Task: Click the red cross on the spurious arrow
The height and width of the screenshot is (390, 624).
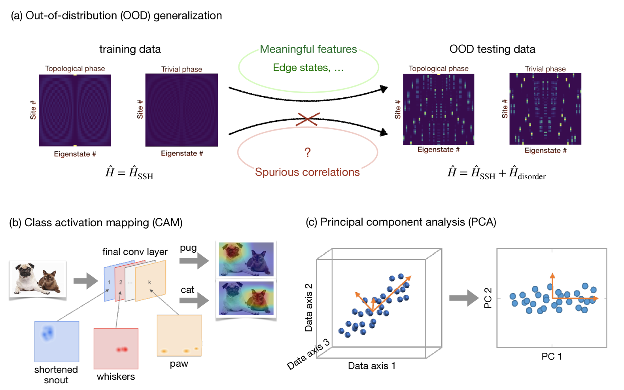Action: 308,119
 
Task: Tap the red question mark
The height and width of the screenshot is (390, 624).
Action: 307,152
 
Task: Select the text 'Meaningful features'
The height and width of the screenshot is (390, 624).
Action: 308,49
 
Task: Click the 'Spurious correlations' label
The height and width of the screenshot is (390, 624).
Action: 307,172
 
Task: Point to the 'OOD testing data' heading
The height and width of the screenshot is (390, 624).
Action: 492,49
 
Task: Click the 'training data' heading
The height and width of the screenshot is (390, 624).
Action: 130,49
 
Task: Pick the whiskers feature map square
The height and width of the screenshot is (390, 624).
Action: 116,348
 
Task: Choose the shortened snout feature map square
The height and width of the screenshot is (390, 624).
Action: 57,341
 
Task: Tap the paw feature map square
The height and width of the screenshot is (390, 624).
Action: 179,335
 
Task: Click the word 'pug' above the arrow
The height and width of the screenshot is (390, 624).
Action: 188,248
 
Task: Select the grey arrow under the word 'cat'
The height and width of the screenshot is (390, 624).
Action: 194,300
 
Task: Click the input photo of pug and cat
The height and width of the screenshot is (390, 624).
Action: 38,279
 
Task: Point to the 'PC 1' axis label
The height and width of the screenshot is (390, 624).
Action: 552,356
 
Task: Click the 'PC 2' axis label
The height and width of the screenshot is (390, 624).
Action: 488,298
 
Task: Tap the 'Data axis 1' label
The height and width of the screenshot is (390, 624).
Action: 371,366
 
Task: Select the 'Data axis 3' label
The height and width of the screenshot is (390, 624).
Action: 308,354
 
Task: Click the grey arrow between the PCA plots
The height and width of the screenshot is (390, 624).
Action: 463,298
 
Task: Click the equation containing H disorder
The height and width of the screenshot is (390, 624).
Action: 496,173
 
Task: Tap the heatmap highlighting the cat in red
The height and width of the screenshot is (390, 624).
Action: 246,298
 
